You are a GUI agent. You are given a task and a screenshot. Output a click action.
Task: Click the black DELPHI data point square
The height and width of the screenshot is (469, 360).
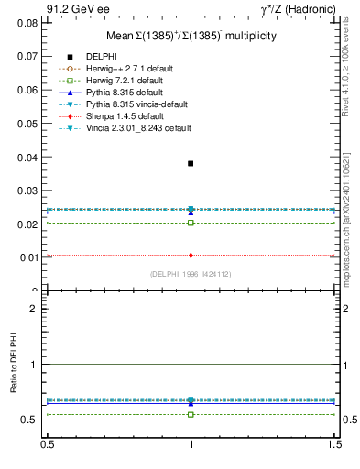[191, 163]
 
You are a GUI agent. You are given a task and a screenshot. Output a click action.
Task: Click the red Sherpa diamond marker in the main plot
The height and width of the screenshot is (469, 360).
[191, 256]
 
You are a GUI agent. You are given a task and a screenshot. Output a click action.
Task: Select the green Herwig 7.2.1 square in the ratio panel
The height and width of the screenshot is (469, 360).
[191, 414]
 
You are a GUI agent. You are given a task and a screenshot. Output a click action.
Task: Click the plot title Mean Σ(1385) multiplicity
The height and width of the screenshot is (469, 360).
[191, 37]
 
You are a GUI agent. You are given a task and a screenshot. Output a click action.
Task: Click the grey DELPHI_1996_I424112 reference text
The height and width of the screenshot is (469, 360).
[191, 273]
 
